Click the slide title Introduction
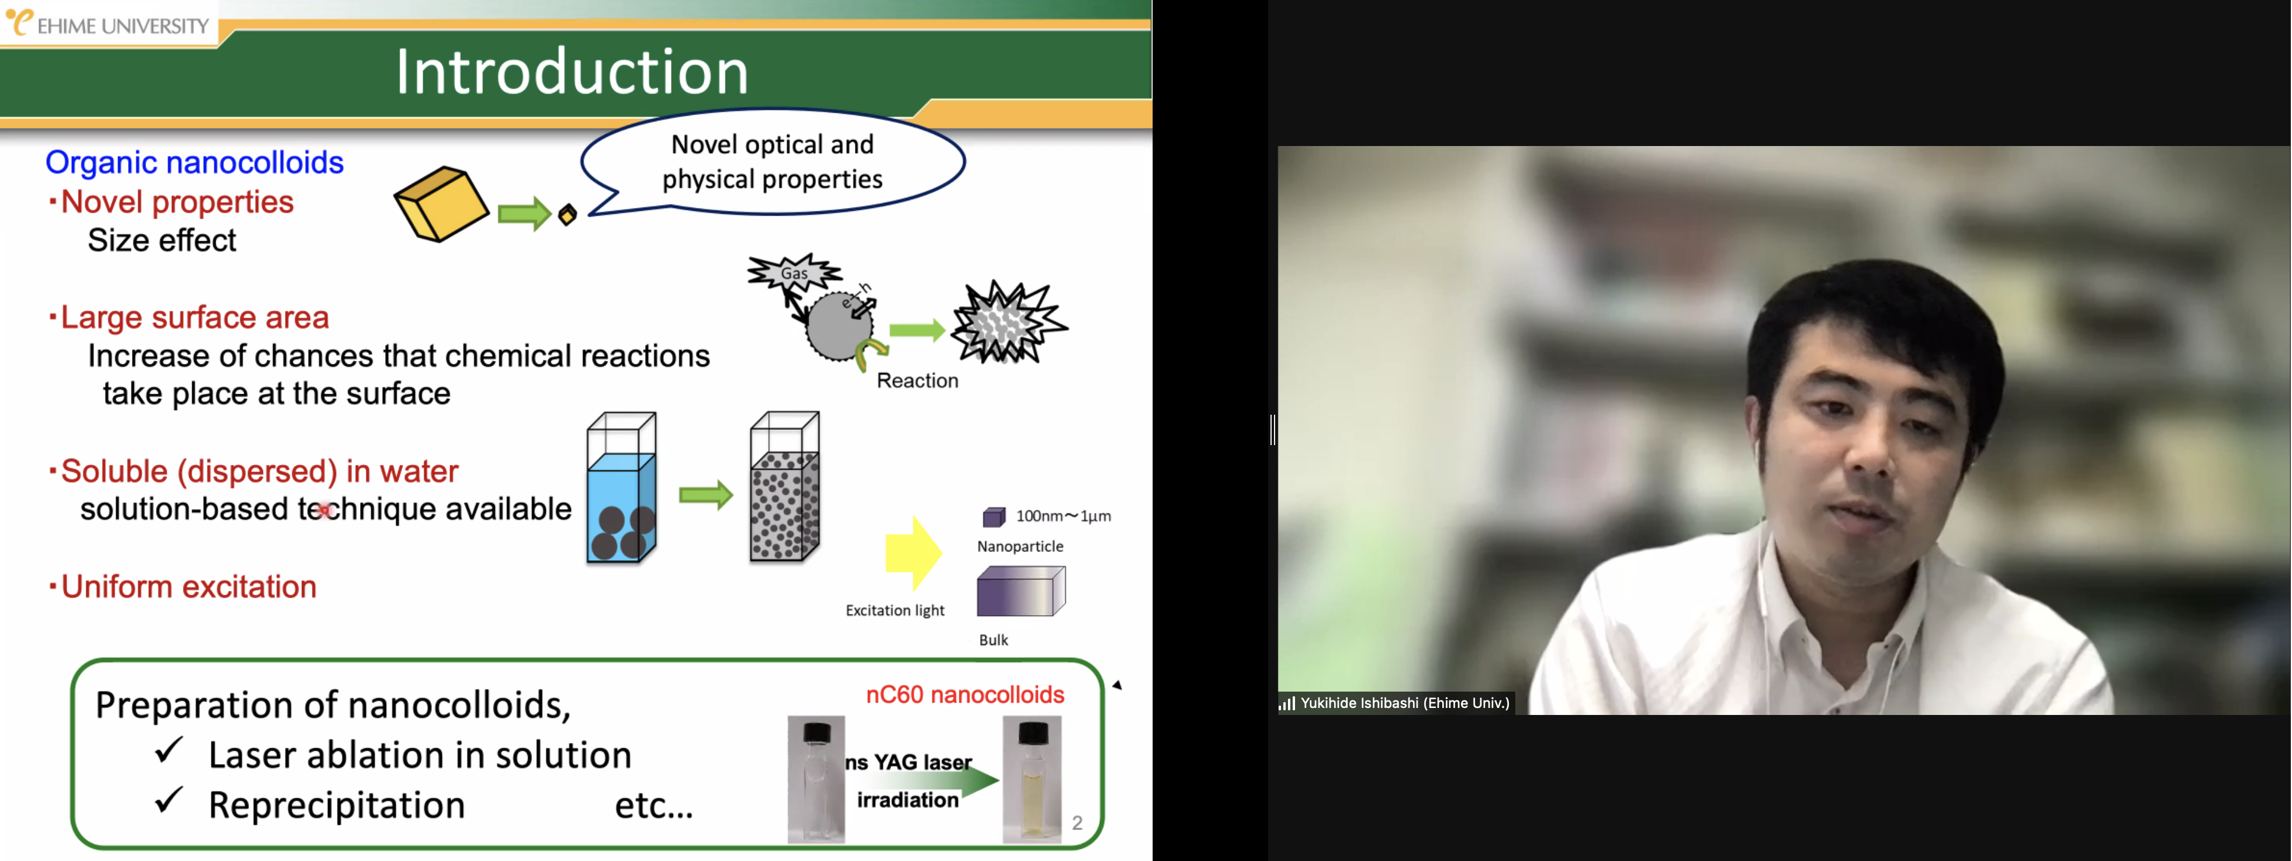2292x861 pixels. (x=572, y=71)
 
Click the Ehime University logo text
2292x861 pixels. (x=123, y=26)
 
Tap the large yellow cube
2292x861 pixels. (x=441, y=204)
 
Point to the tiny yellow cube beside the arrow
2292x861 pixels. (x=567, y=214)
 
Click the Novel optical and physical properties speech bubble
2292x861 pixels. (x=773, y=161)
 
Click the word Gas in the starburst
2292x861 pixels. (x=795, y=273)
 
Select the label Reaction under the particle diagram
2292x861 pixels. (x=918, y=381)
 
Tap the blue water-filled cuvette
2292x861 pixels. (x=621, y=487)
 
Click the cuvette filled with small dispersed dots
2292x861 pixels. (x=785, y=487)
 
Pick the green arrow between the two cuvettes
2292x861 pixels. (x=705, y=495)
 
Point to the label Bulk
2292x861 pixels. (x=993, y=640)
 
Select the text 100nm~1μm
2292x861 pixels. (x=1063, y=516)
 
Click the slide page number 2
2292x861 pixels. (x=1076, y=823)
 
